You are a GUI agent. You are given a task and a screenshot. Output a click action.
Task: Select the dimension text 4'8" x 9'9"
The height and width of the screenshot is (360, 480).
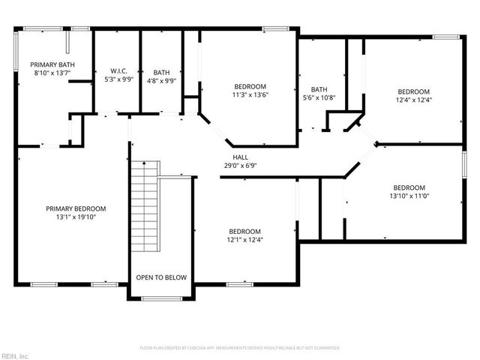click(x=161, y=81)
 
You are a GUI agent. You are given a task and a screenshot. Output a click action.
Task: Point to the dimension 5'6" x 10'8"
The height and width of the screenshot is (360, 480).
click(x=319, y=97)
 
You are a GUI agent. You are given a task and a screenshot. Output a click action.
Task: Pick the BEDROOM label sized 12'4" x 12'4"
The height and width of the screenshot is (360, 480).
click(x=413, y=91)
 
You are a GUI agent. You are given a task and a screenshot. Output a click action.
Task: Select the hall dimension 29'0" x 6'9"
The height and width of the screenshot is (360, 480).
click(x=241, y=165)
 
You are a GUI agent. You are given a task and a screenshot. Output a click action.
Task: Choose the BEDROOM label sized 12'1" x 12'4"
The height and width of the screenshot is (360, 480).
click(x=244, y=231)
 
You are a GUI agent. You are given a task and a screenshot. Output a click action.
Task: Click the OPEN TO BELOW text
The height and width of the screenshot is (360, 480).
click(x=161, y=277)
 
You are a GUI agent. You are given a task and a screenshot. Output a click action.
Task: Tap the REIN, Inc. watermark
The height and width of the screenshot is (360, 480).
click(x=15, y=355)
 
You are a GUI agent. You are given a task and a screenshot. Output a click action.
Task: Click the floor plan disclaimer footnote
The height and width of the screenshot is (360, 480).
click(x=240, y=348)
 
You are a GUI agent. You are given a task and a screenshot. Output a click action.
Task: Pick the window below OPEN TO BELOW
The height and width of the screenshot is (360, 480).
click(x=161, y=298)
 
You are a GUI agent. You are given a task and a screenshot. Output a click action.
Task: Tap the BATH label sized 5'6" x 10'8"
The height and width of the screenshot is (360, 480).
click(x=319, y=88)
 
